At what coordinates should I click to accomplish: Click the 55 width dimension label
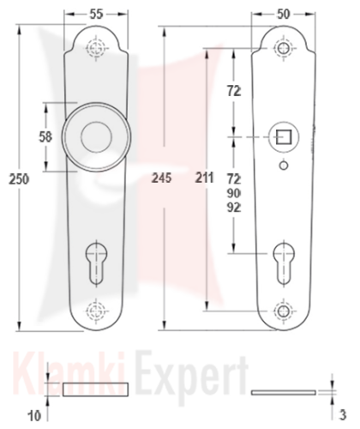click(96, 15)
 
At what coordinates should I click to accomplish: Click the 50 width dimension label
click(283, 15)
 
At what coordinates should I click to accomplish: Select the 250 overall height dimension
click(19, 179)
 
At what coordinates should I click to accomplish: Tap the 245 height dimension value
click(162, 178)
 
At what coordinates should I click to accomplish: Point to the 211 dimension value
click(204, 178)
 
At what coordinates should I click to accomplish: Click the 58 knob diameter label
click(45, 137)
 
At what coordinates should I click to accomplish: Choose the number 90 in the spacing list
click(234, 194)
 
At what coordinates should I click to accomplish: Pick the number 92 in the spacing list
click(234, 208)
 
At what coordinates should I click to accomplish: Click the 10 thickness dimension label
click(34, 416)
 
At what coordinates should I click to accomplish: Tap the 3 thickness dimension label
click(343, 415)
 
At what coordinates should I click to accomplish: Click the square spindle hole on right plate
click(284, 137)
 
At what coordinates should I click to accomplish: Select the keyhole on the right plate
click(284, 263)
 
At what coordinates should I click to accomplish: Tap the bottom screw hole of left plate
click(96, 311)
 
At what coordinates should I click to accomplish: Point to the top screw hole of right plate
click(284, 47)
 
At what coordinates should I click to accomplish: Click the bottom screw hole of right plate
click(284, 311)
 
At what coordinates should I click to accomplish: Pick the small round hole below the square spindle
click(284, 166)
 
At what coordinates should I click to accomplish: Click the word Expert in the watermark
click(192, 376)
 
